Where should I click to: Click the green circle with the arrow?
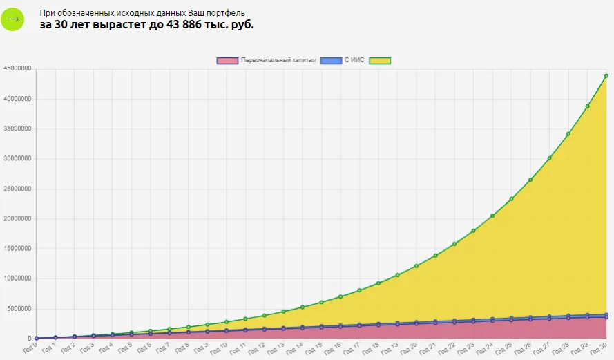[12, 19]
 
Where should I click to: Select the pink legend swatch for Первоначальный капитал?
[227, 61]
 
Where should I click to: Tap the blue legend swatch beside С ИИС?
[331, 61]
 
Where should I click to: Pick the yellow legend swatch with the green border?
[380, 61]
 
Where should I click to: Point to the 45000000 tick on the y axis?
[17, 68]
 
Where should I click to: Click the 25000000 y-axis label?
[17, 189]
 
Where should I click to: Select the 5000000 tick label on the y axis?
[19, 309]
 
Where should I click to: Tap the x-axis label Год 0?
[30, 348]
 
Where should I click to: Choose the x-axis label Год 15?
[314, 348]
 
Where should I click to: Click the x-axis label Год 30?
[598, 348]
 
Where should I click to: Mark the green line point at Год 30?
[606, 76]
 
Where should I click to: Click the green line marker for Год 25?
[511, 199]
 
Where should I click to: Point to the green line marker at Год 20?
[416, 266]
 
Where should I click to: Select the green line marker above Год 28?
[568, 134]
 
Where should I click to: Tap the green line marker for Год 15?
[321, 303]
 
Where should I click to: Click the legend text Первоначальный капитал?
[278, 60]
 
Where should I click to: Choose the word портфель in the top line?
[226, 13]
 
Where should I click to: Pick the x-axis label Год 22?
[446, 348]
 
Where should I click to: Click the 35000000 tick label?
[17, 129]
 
